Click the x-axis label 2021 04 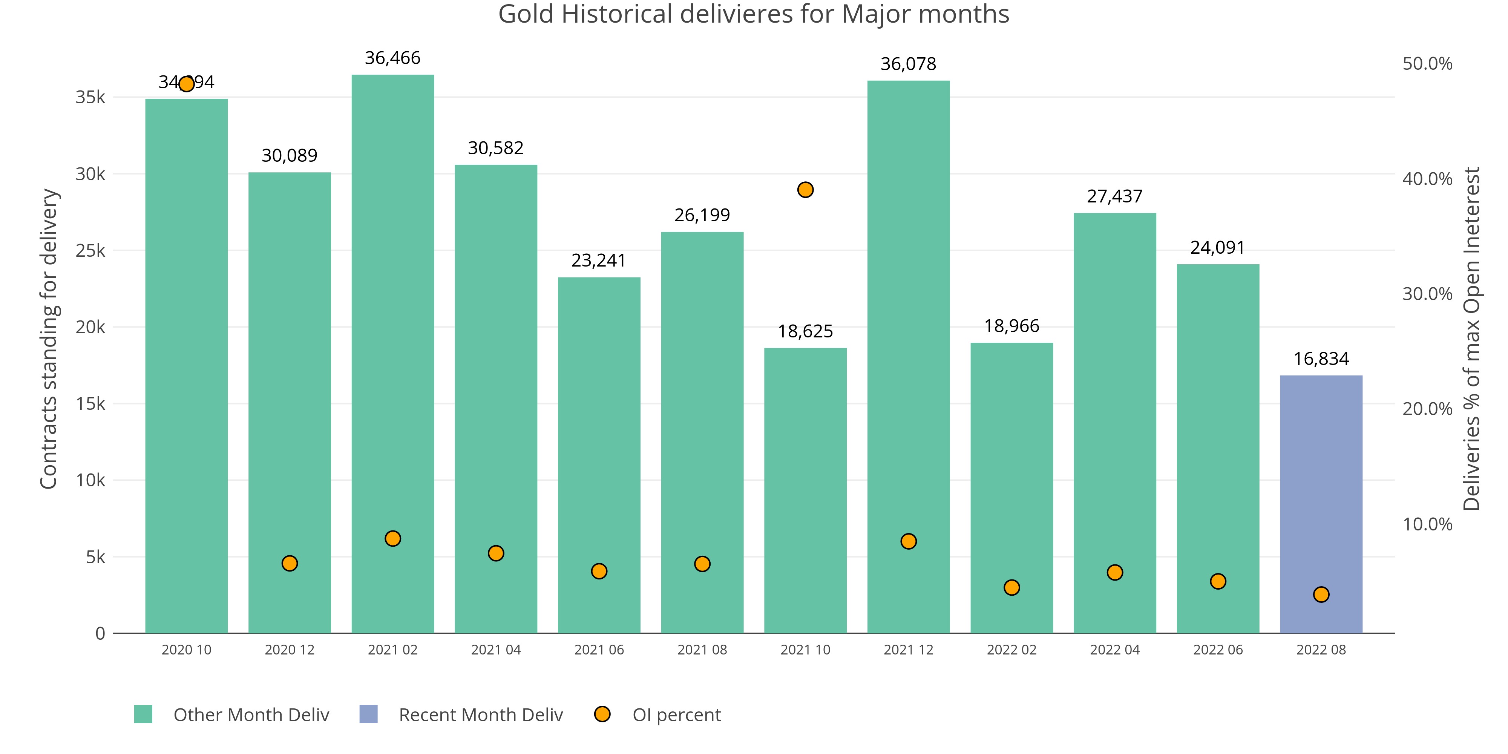496,650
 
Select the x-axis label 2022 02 1011,650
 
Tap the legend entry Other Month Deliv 251,715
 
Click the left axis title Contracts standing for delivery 49,339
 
